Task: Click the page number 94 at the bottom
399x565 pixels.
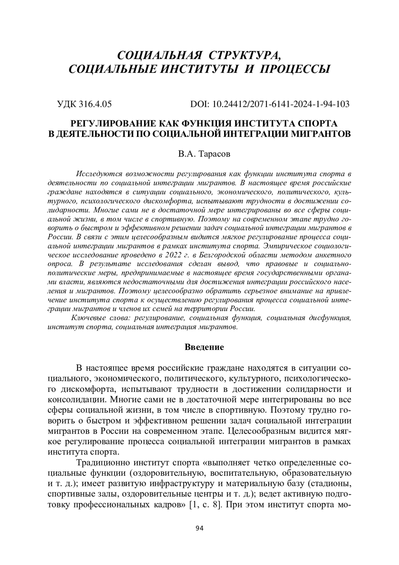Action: click(x=199, y=528)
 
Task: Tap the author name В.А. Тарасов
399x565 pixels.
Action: click(x=199, y=154)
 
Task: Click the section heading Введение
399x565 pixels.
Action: click(x=204, y=347)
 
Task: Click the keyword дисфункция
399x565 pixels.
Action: click(x=331, y=318)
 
